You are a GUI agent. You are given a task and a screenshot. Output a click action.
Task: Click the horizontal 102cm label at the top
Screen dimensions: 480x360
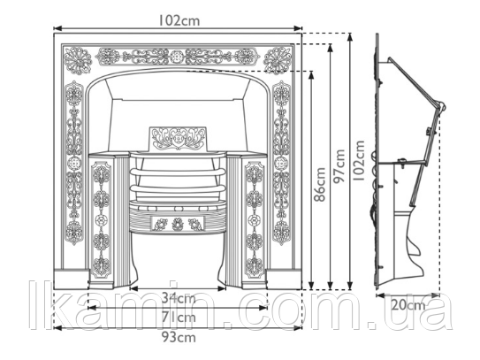[x=179, y=20]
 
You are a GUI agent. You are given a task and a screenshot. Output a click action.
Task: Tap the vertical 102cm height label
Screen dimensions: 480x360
[x=361, y=161]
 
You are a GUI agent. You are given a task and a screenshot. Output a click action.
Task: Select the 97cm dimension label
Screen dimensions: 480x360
[x=339, y=166]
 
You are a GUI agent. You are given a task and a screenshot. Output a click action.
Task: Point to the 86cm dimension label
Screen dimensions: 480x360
[x=320, y=185]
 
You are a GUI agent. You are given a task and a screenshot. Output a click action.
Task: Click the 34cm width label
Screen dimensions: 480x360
[x=179, y=298]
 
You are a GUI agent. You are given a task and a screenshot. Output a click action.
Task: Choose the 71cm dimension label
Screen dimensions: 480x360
[x=179, y=318]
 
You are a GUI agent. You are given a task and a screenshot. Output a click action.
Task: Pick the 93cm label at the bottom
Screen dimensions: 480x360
[x=179, y=337]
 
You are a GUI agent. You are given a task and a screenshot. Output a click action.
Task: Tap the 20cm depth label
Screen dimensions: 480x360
[x=408, y=305]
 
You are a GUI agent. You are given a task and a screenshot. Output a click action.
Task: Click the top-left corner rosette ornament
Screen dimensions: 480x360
[x=78, y=60]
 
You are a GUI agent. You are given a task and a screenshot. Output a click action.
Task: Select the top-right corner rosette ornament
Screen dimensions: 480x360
[x=278, y=60]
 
